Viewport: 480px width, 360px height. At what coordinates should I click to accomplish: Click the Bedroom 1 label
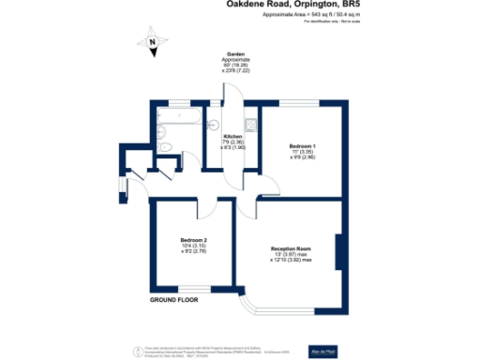[302, 145]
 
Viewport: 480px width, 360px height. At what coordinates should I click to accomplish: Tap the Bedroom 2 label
[193, 241]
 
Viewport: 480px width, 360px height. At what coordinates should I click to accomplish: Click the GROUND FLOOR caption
[175, 300]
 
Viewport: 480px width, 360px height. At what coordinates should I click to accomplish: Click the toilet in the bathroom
[165, 147]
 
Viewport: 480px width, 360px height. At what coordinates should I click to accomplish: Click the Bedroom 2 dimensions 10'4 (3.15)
[193, 247]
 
